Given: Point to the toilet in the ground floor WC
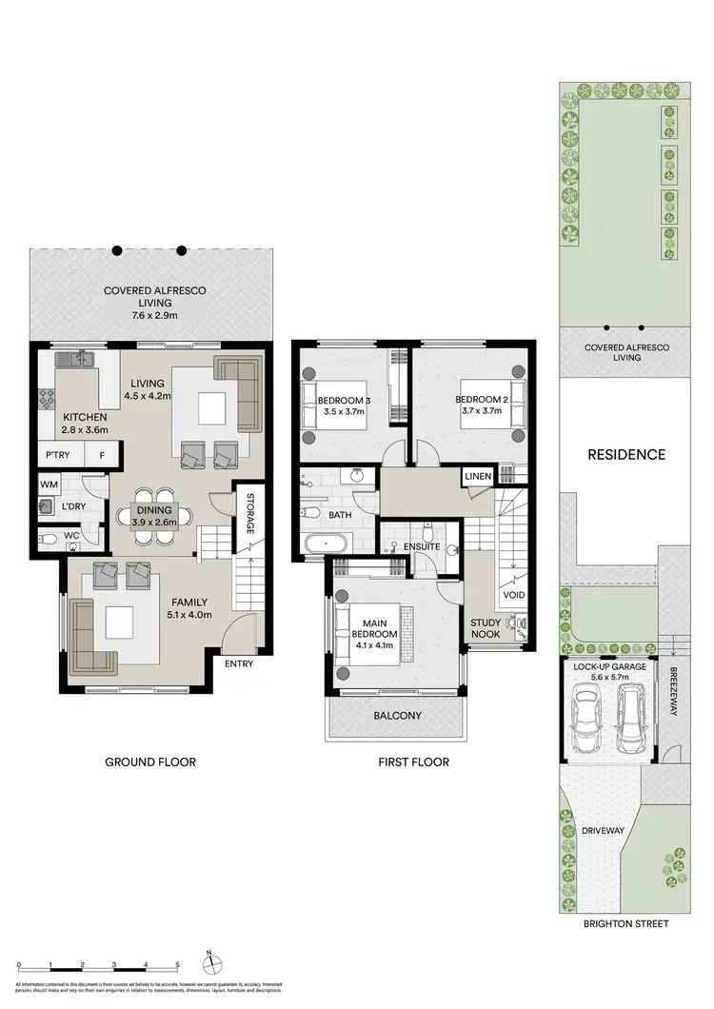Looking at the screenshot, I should (x=50, y=538).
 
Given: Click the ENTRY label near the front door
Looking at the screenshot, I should (x=239, y=663).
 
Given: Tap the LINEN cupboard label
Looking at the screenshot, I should (x=477, y=476).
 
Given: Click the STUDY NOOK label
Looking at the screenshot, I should (x=486, y=629).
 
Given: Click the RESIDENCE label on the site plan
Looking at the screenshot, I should (x=625, y=454).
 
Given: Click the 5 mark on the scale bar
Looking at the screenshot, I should (x=177, y=965).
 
